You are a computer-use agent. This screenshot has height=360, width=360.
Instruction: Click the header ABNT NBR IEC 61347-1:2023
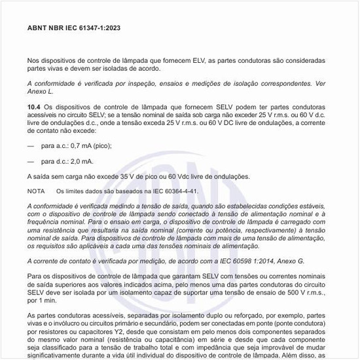(x=73, y=28)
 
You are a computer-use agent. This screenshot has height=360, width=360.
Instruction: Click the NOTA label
(x=36, y=191)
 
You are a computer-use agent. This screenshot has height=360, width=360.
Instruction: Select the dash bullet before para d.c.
(x=30, y=160)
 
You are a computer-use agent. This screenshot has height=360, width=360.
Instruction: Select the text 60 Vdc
(x=179, y=176)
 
